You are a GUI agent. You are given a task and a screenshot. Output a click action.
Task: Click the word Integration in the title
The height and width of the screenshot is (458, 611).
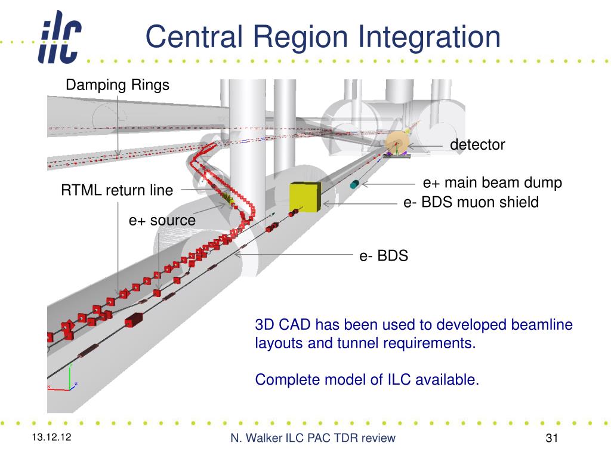coord(429,37)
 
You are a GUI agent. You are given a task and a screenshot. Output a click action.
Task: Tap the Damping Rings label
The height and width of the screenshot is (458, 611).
coord(118,85)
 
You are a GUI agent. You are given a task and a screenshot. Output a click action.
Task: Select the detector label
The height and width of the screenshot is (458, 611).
coord(477,144)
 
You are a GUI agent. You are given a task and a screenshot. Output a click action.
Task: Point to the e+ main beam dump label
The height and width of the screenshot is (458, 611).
coord(492,182)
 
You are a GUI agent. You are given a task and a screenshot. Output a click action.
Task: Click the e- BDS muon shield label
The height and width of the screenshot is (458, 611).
coord(471,203)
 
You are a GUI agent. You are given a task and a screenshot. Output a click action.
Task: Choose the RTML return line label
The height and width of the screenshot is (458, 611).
coord(117,191)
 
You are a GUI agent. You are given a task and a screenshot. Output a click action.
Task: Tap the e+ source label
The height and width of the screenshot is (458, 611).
coord(162,221)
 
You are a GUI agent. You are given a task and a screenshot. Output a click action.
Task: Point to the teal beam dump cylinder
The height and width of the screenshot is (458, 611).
coord(355,184)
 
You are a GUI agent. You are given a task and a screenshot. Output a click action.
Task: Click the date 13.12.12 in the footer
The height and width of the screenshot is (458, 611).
coord(52,438)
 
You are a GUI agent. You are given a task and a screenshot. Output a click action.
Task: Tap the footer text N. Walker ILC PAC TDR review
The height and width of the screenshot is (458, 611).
coord(313,439)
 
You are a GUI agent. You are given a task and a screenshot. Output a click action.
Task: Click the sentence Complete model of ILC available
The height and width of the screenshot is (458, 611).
coord(367,380)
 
